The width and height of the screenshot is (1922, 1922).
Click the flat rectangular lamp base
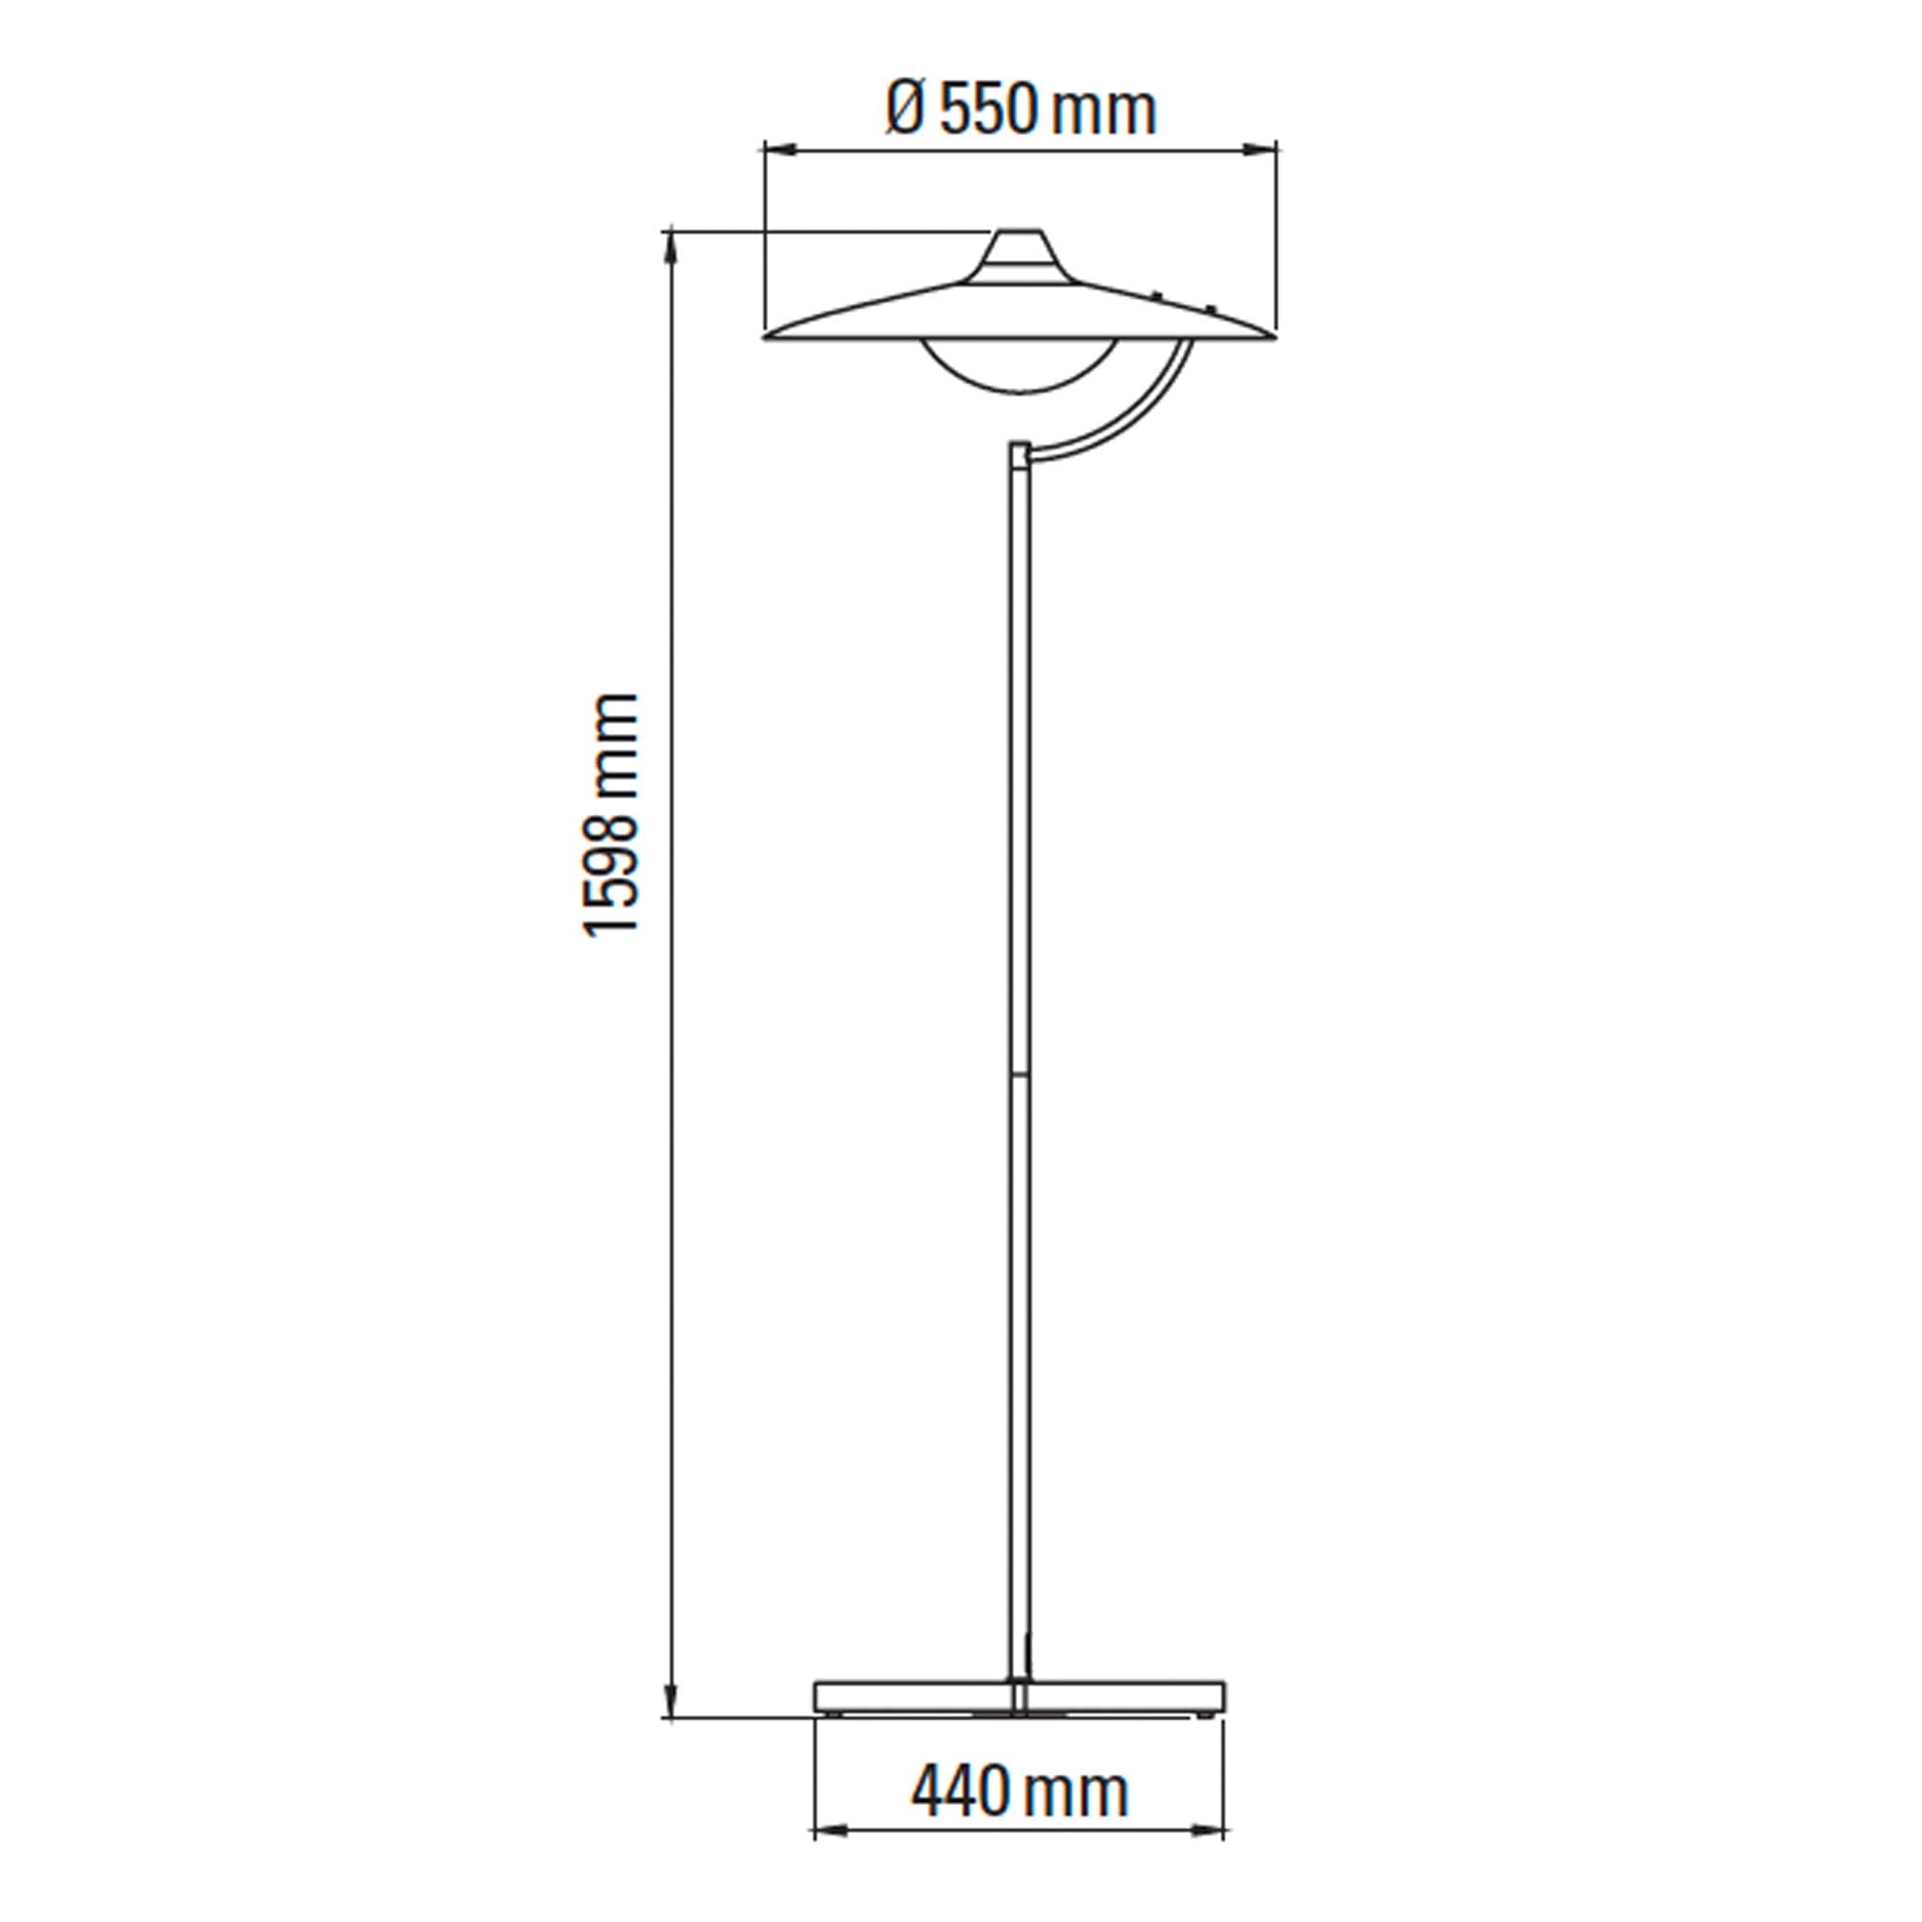pyautogui.click(x=1020, y=1695)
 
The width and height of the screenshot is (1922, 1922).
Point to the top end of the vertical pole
pyautogui.click(x=1020, y=446)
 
